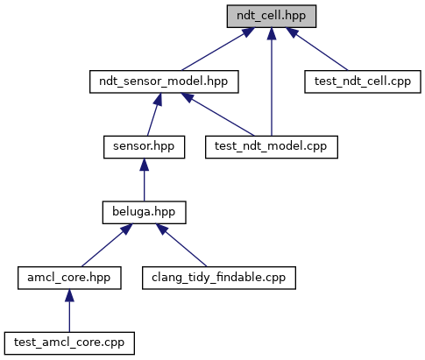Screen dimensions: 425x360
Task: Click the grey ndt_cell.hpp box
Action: pyautogui.click(x=272, y=17)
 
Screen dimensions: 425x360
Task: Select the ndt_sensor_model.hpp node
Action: pyautogui.click(x=164, y=81)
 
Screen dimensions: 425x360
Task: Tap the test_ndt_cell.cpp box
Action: pyautogui.click(x=363, y=81)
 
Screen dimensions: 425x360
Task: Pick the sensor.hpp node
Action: pyautogui.click(x=144, y=147)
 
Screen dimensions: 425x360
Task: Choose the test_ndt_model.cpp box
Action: pyautogui.click(x=272, y=147)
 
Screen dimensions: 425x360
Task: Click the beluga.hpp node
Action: pyautogui.click(x=144, y=213)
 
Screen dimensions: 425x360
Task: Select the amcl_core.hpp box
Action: pyautogui.click(x=69, y=278)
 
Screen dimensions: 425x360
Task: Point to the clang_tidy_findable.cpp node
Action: pyautogui.click(x=219, y=278)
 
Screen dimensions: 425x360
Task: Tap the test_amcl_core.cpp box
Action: pyautogui.click(x=69, y=343)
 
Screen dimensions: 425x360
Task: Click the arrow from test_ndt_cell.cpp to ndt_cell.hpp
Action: pyautogui.click(x=317, y=49)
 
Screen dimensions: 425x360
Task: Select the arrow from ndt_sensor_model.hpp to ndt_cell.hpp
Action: pyautogui.click(x=218, y=49)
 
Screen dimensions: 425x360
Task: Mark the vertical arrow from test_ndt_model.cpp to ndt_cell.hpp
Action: pyautogui.click(x=272, y=81)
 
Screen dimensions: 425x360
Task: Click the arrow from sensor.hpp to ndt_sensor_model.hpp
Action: pyautogui.click(x=154, y=115)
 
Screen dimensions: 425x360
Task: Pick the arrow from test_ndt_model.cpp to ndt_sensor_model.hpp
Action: pyautogui.click(x=217, y=115)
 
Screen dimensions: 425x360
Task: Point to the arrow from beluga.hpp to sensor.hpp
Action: pyautogui.click(x=144, y=180)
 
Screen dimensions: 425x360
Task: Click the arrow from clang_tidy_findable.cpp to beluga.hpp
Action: pyautogui.click(x=181, y=245)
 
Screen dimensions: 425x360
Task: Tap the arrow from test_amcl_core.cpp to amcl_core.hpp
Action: pyautogui.click(x=69, y=311)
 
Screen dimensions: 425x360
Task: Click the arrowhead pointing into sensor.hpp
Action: pyautogui.click(x=144, y=165)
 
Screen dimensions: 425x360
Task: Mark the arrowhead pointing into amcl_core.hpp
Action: pyautogui.click(x=69, y=295)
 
